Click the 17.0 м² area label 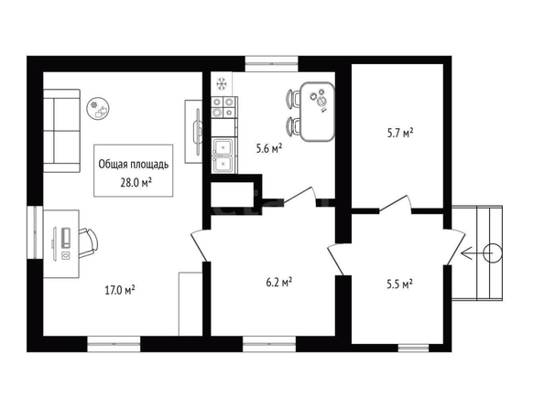(120, 290)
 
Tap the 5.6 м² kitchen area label (269, 148)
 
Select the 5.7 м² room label (400, 133)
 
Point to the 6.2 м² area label (278, 282)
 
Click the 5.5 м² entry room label (399, 285)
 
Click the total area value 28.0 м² (136, 182)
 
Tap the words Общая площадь (134, 165)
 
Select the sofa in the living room (61, 131)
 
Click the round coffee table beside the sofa (99, 109)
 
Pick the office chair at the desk (88, 243)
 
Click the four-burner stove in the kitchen (224, 107)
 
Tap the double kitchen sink (224, 155)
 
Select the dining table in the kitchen (317, 112)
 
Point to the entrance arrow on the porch (476, 253)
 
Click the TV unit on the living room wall (193, 132)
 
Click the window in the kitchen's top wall (271, 64)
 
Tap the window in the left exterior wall (35, 232)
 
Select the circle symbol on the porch (492, 253)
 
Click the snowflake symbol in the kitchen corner (222, 83)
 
